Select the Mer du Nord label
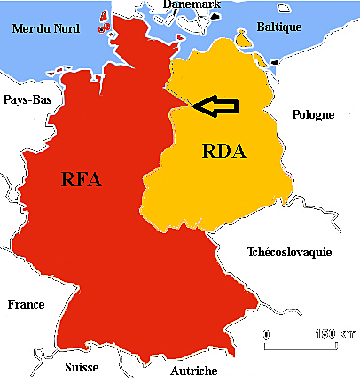(x=46, y=28)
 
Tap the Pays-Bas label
(x=27, y=99)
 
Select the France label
(x=26, y=304)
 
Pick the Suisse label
(x=82, y=366)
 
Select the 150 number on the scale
(x=326, y=334)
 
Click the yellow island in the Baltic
(x=242, y=39)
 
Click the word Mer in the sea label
(x=22, y=28)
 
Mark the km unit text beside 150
(x=344, y=334)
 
